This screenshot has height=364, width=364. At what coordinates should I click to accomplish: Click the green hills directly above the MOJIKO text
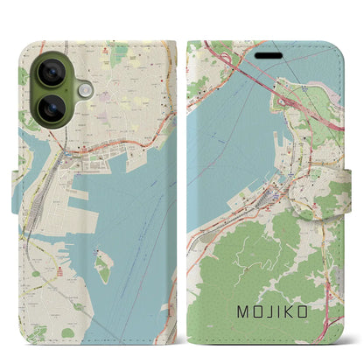262,262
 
